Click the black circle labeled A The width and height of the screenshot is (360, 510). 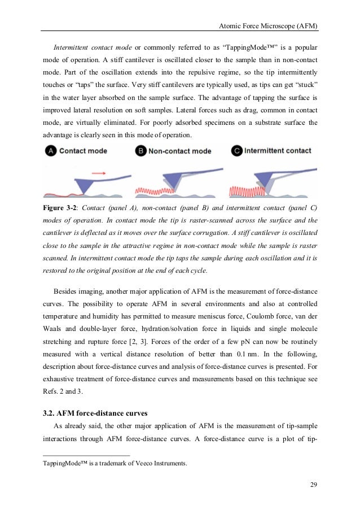coord(51,151)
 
